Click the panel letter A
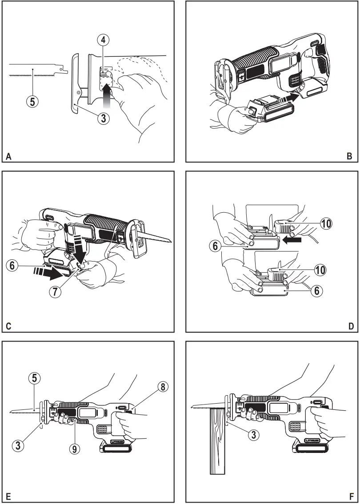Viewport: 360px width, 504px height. (8, 156)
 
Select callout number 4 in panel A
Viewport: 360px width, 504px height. (103, 40)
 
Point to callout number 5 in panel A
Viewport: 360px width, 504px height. (32, 101)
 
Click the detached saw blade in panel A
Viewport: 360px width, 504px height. (38, 70)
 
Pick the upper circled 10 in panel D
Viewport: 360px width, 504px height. (326, 224)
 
